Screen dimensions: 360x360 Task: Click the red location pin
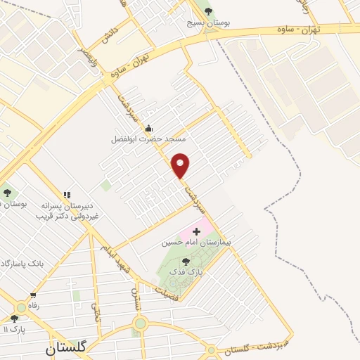181,165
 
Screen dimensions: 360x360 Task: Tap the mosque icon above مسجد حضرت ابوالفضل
148,129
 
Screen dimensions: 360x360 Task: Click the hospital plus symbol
195,231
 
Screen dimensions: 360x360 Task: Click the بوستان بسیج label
208,22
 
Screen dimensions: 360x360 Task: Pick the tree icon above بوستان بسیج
207,10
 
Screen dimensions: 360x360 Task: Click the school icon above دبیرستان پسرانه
67,194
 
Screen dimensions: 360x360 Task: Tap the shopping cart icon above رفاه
33,296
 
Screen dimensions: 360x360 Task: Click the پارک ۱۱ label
15,329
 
